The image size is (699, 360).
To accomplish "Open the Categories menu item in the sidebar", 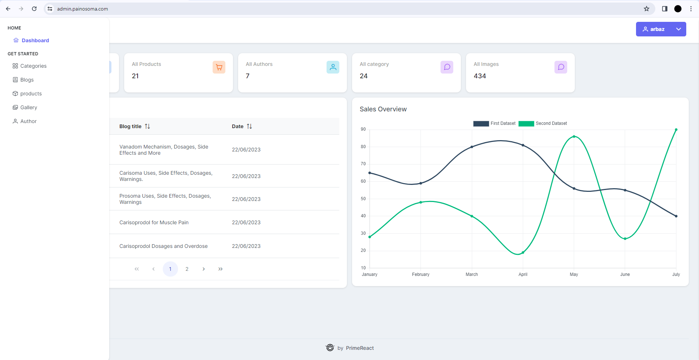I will tap(33, 66).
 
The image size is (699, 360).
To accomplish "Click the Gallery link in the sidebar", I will tap(28, 107).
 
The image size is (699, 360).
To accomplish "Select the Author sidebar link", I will tap(28, 121).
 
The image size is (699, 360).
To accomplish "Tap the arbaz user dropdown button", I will tap(660, 29).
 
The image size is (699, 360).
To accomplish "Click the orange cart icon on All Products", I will tap(219, 67).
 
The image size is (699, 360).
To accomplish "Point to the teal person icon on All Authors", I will tap(333, 67).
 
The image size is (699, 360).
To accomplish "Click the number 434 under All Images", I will tap(479, 76).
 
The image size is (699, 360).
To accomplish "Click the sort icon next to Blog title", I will tap(147, 126).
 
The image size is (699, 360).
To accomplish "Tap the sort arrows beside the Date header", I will tap(249, 126).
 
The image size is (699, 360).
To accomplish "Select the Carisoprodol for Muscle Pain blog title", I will tap(154, 222).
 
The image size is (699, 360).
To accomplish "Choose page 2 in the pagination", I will tap(187, 269).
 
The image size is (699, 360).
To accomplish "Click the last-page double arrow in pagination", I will tap(220, 269).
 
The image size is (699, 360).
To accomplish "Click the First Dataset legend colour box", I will tap(481, 123).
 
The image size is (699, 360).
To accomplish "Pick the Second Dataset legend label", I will tap(551, 123).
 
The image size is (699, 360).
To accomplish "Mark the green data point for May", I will tap(574, 137).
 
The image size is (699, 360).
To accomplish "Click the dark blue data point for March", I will tap(472, 147).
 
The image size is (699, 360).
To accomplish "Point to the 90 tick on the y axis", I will tap(363, 129).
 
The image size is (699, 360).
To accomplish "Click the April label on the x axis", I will tap(523, 274).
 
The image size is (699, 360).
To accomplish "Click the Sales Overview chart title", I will tap(383, 109).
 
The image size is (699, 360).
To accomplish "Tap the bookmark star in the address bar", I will tap(647, 9).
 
